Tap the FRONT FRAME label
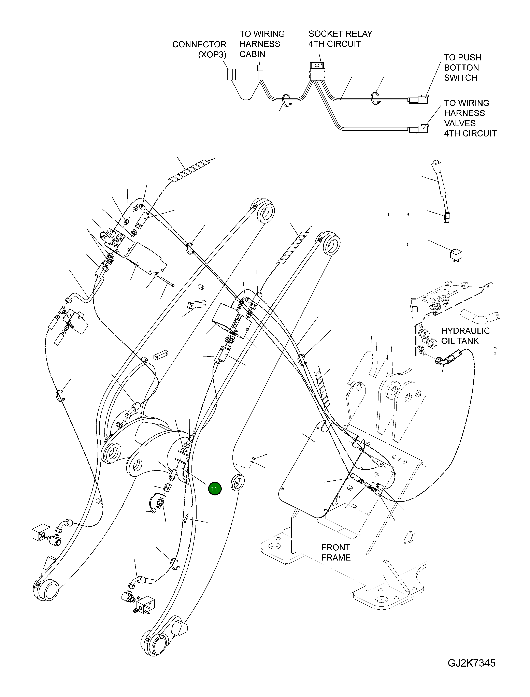pyautogui.click(x=336, y=553)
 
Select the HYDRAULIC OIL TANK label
pyautogui.click(x=465, y=336)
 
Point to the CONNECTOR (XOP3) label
pyautogui.click(x=199, y=49)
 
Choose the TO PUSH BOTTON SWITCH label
pyautogui.click(x=462, y=68)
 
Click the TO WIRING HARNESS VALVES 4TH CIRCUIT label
pyautogui.click(x=470, y=118)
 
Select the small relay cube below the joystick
pyautogui.click(x=456, y=254)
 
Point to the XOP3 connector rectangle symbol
pyautogui.click(x=232, y=74)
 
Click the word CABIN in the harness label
pyautogui.click(x=252, y=54)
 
